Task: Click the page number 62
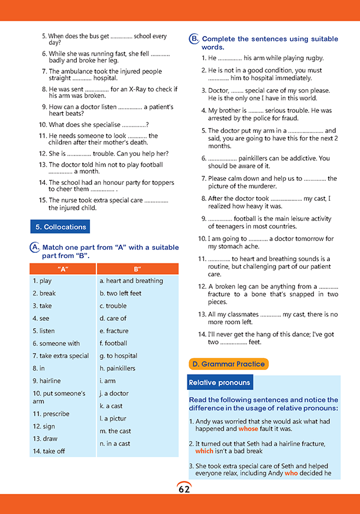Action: pyautogui.click(x=183, y=489)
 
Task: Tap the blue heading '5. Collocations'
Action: pyautogui.click(x=60, y=227)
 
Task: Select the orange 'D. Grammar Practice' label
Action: pyautogui.click(x=228, y=364)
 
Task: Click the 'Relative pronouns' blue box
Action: pyautogui.click(x=220, y=383)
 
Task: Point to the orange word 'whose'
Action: pyautogui.click(x=248, y=430)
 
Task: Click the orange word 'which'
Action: pyautogui.click(x=204, y=451)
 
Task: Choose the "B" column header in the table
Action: pyautogui.click(x=137, y=269)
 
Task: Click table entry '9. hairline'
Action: pyautogui.click(x=47, y=381)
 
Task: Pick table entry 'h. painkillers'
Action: pyautogui.click(x=117, y=368)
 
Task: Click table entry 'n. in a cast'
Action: pyautogui.click(x=115, y=444)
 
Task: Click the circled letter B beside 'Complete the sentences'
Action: pyautogui.click(x=194, y=39)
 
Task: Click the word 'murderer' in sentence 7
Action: pyautogui.click(x=246, y=187)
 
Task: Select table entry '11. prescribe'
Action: pyautogui.click(x=51, y=414)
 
